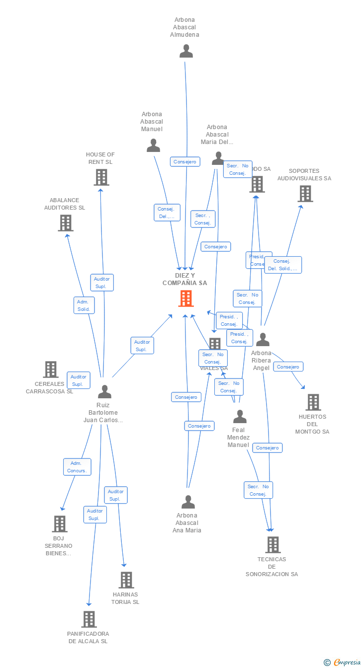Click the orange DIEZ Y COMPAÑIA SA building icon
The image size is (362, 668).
pos(186,298)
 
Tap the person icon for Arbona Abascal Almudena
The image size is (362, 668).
pos(186,51)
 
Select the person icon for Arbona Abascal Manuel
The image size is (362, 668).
pos(153,146)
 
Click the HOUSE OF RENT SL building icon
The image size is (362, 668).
pos(101,177)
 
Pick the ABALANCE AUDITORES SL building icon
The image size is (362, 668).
pos(66,223)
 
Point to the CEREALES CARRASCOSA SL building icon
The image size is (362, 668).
pos(51,370)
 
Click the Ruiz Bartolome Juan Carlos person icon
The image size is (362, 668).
pos(104,392)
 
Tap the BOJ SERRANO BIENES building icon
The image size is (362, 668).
pos(60,524)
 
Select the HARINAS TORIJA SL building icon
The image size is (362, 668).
pos(126,580)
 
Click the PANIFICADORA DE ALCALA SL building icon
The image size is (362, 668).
pos(89,619)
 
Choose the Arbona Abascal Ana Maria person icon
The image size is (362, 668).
pos(188,502)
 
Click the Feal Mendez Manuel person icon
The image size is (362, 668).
pos(240,417)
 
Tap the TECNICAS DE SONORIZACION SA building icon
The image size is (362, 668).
pos(272,545)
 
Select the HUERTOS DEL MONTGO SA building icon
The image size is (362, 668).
pos(313,402)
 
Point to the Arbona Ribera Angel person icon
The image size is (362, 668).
pos(262,340)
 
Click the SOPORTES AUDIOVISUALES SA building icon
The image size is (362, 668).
pos(305,194)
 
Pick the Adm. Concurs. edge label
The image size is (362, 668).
pos(77,467)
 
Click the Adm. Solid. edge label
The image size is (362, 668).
pos(84,305)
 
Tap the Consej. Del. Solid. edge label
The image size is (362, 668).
pos(282,265)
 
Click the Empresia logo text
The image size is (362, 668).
pos(347,662)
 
